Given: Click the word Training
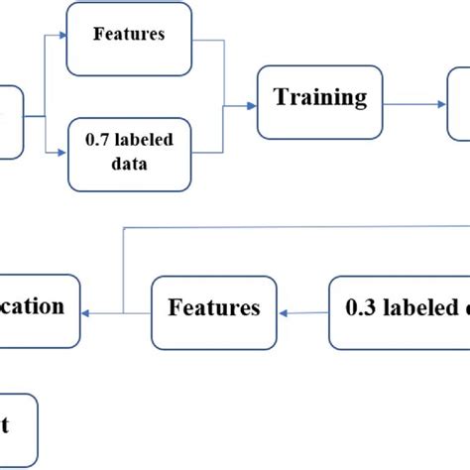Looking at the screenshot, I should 319,98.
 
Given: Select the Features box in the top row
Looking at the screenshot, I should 129,40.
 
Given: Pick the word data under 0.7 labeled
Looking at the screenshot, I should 129,166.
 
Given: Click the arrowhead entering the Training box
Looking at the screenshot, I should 252,102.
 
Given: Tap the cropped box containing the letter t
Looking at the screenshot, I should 18,426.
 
